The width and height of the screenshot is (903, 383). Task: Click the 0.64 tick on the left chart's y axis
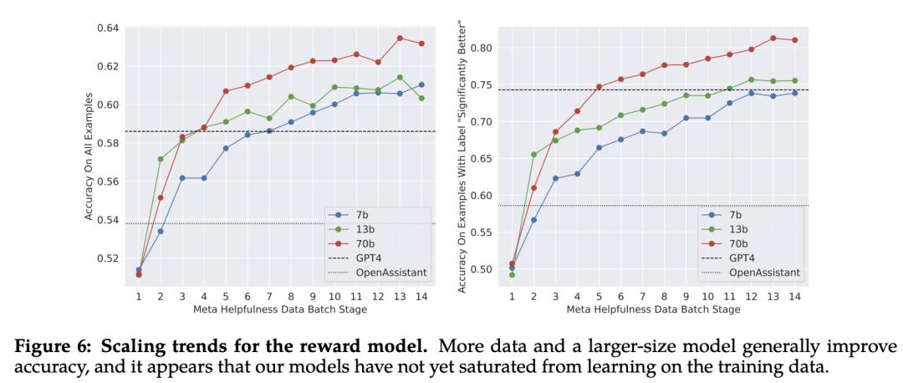[106, 28]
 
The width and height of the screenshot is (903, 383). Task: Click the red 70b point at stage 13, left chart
[400, 38]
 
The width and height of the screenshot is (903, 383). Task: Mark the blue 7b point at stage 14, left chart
[421, 84]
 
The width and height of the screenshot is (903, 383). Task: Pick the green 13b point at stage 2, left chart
[161, 159]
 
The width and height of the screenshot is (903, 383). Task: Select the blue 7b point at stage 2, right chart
[533, 220]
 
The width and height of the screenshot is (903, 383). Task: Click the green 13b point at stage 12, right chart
[751, 79]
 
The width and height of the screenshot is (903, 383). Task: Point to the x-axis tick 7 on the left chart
[269, 297]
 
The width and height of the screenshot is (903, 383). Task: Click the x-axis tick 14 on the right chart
[793, 297]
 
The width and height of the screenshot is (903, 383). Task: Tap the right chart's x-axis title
[652, 310]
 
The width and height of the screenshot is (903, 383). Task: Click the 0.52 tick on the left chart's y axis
[106, 258]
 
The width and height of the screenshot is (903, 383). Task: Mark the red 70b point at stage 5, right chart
[598, 86]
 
